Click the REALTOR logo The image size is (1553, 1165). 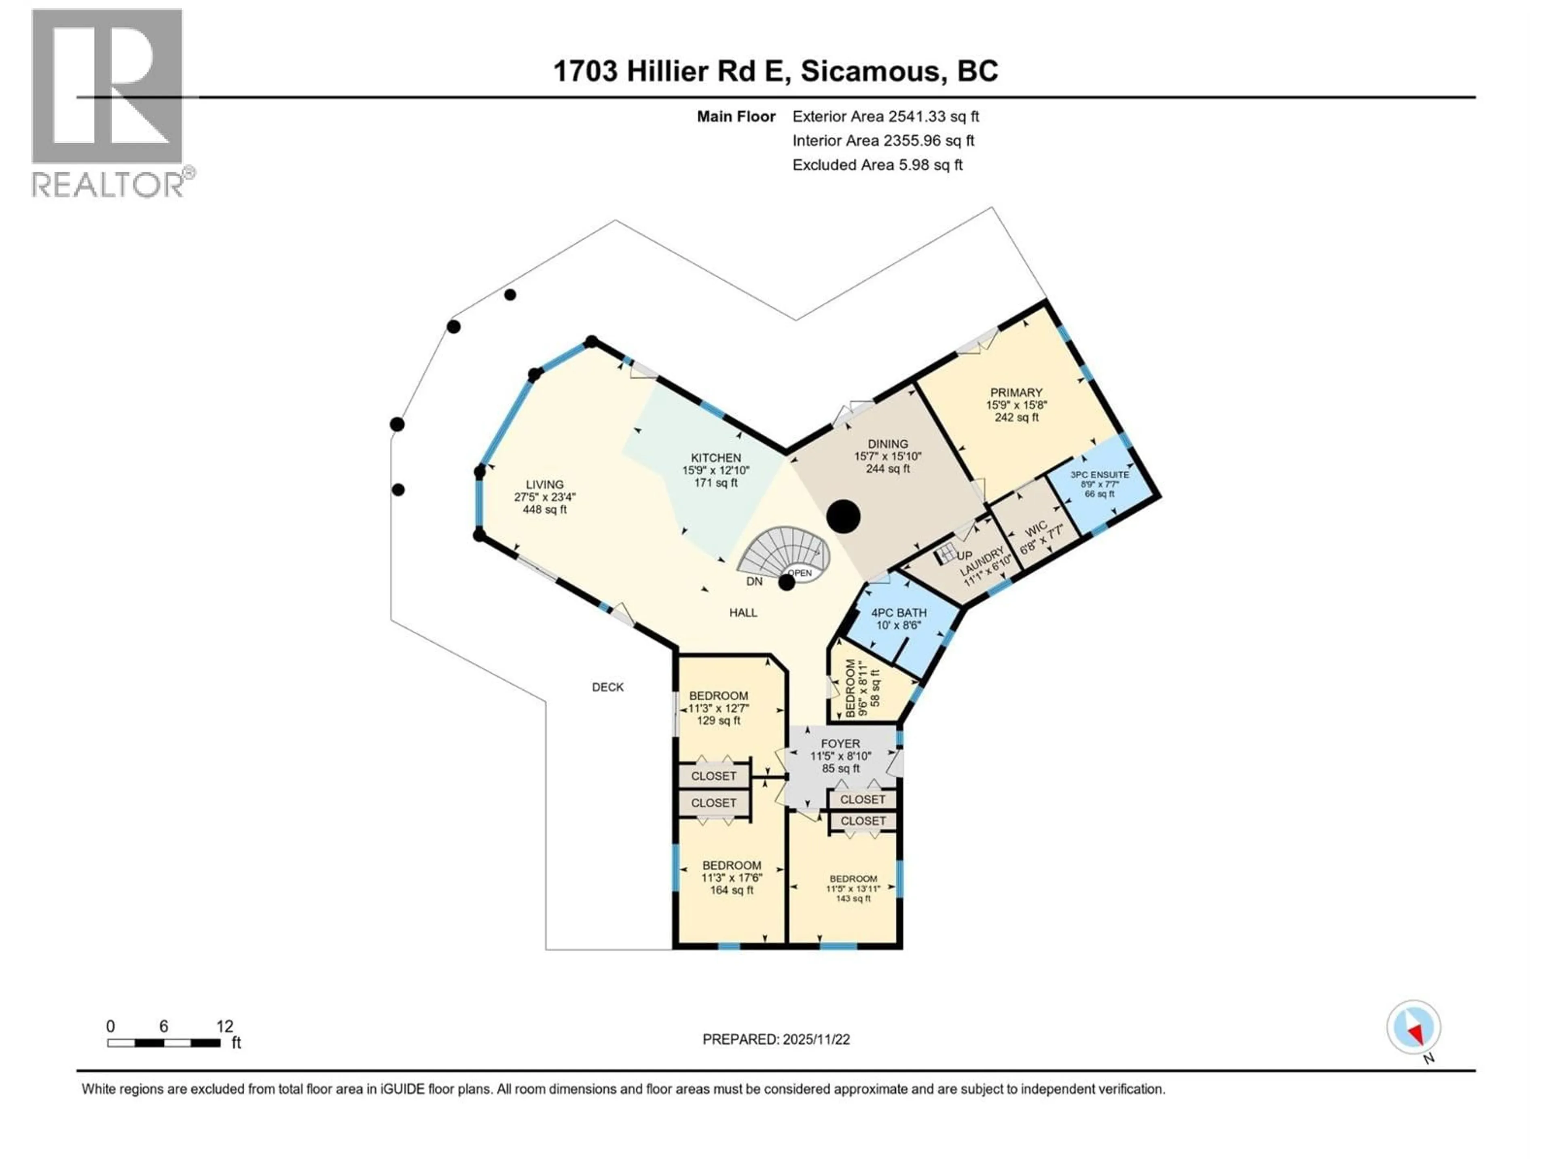(109, 102)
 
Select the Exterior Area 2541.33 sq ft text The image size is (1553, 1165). (885, 116)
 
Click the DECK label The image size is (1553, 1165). (607, 687)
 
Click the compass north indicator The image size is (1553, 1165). (1413, 1028)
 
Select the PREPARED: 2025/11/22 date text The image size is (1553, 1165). (776, 1039)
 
